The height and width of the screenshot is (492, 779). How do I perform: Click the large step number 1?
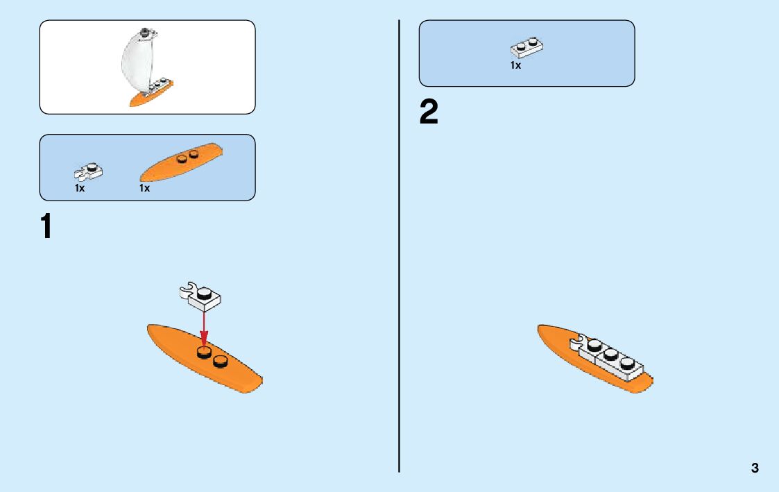click(46, 227)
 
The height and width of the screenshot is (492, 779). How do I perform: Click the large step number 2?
click(429, 113)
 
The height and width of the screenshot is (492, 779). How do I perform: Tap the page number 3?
click(755, 468)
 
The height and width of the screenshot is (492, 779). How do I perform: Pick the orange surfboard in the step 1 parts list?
click(181, 162)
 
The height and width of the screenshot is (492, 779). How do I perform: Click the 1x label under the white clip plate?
click(80, 188)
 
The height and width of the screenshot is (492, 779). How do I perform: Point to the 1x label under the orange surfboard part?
click(144, 188)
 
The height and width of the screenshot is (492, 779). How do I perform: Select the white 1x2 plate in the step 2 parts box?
click(527, 47)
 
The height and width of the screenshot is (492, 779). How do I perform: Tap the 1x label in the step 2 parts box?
click(515, 66)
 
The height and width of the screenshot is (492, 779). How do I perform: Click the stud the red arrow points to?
click(204, 355)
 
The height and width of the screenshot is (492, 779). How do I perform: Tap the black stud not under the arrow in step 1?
click(221, 361)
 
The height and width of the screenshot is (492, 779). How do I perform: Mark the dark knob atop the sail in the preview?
click(144, 31)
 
